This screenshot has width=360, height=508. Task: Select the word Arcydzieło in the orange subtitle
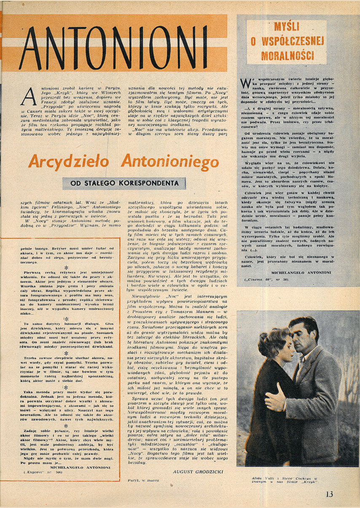68,162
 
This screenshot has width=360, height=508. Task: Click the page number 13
329,494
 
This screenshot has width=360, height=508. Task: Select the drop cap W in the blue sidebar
245,83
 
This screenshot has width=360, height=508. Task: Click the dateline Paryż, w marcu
142,479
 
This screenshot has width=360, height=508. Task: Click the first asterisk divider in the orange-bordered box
66,267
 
